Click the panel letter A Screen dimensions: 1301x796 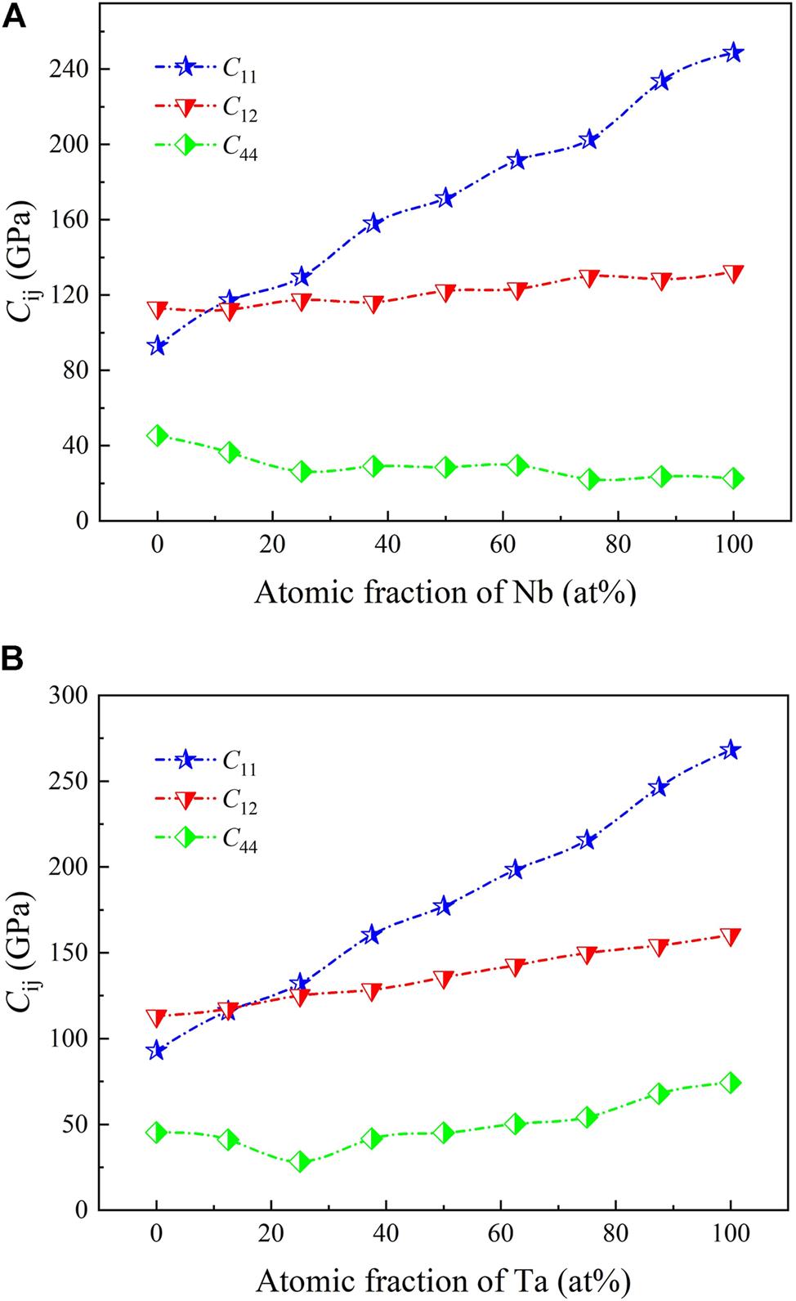click(14, 16)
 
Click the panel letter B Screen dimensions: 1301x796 click(12, 659)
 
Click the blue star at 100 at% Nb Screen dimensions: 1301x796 click(733, 53)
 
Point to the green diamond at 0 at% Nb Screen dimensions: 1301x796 click(158, 435)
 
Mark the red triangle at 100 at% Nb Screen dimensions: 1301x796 click(733, 273)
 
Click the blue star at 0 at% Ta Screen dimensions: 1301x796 click(156, 1051)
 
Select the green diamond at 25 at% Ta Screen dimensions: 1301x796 click(300, 1161)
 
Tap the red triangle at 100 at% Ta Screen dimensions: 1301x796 click(730, 936)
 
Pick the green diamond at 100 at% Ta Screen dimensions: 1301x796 click(730, 1083)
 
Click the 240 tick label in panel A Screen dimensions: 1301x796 click(68, 69)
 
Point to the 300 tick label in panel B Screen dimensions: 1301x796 click(68, 696)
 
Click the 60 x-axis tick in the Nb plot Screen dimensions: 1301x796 click(503, 545)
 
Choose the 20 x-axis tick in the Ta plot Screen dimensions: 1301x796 click(271, 1233)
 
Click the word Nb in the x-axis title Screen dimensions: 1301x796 click(533, 592)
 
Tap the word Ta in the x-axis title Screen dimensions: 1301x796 click(532, 1281)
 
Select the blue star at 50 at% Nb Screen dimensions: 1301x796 click(445, 198)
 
